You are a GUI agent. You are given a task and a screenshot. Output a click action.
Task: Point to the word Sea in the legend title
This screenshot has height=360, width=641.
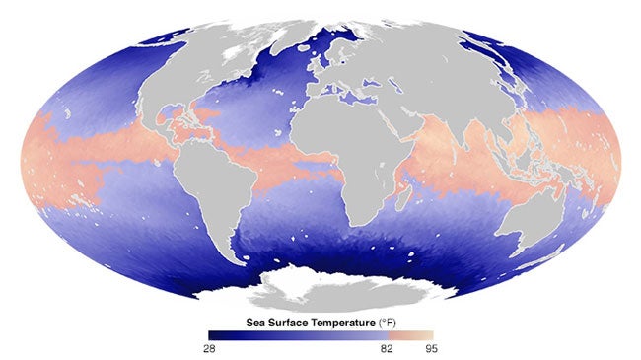point(255,323)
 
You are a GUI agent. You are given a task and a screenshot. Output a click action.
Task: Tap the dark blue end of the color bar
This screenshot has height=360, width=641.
point(212,334)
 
